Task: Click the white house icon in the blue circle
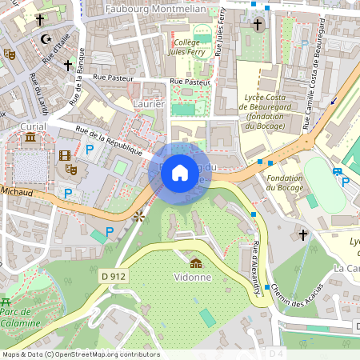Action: [x=180, y=171]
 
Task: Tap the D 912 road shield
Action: [x=115, y=275]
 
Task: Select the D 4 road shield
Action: [x=276, y=353]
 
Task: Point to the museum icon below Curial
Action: [x=30, y=138]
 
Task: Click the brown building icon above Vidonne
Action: [x=195, y=263]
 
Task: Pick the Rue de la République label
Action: [x=109, y=141]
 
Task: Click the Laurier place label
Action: [x=149, y=104]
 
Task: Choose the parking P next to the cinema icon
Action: [x=90, y=150]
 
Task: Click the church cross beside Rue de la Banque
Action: [x=68, y=65]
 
